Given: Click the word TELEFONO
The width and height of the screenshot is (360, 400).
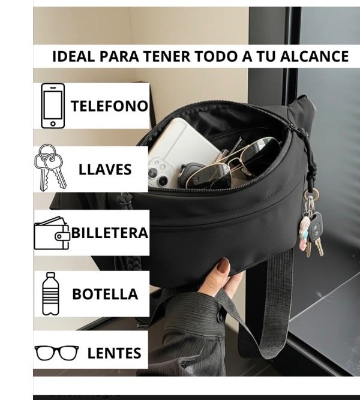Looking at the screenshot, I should pyautogui.click(x=109, y=106).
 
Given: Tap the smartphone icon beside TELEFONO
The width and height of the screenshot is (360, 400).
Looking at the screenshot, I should pyautogui.click(x=53, y=106).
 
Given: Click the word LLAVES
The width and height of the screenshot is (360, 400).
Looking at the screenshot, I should pyautogui.click(x=105, y=169).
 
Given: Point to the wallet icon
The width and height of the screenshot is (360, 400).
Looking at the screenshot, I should pyautogui.click(x=52, y=233).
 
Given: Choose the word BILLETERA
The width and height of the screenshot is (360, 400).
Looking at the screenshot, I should pyautogui.click(x=110, y=233).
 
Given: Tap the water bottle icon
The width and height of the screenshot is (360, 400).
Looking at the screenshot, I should pyautogui.click(x=50, y=293).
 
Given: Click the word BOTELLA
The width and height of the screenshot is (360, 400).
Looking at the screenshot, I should pyautogui.click(x=105, y=294).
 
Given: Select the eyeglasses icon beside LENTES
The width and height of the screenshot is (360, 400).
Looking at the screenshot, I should pyautogui.click(x=56, y=353).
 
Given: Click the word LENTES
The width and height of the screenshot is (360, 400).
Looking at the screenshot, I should pyautogui.click(x=115, y=353).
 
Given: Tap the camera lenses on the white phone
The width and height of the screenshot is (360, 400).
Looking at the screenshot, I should pyautogui.click(x=158, y=171).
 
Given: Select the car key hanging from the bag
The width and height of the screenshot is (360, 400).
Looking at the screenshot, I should pyautogui.click(x=316, y=228).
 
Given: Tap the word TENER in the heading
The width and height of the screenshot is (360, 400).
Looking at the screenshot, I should pyautogui.click(x=167, y=57).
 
